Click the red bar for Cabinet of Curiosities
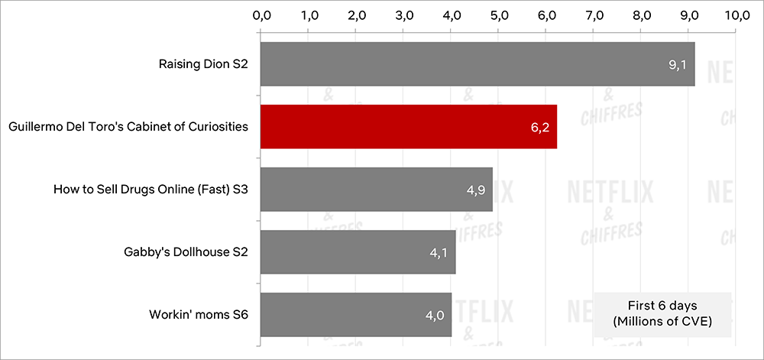409,127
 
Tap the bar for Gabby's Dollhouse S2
358,251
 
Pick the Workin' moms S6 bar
355,313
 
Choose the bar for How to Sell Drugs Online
376,189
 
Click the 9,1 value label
678,64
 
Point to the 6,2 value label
540,127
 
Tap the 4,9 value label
476,189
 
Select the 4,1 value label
439,251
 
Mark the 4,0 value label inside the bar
434,313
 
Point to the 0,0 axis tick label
261,14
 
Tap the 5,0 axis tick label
499,14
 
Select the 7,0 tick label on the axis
594,14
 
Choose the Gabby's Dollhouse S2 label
186,251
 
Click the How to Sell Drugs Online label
151,189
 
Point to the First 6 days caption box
662,314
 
